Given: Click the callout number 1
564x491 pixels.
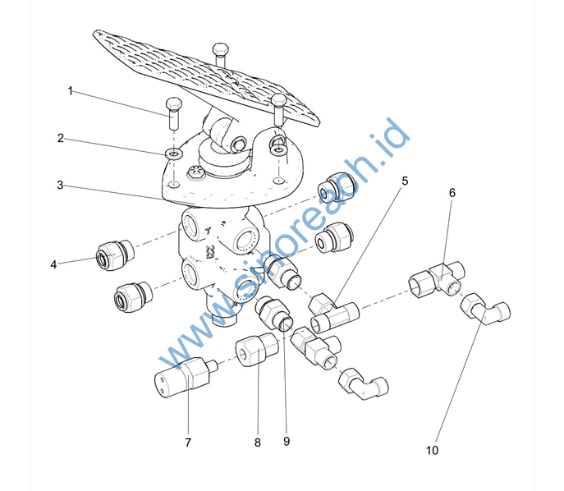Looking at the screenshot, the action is click(x=70, y=91).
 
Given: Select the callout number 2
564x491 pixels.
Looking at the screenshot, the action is click(x=61, y=138).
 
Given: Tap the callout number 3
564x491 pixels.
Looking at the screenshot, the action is click(x=60, y=185).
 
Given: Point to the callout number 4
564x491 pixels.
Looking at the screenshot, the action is click(x=53, y=264).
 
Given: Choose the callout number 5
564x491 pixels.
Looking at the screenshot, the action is click(x=405, y=181).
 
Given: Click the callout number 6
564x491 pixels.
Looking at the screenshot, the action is click(x=452, y=193).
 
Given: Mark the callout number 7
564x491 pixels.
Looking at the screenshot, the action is click(x=188, y=443).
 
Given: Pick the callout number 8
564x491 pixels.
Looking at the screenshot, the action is click(x=257, y=443).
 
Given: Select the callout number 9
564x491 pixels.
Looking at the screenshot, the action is click(x=287, y=441).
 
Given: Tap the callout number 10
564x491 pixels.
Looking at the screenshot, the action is click(x=433, y=450).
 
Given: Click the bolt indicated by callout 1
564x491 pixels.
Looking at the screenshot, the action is click(x=174, y=113).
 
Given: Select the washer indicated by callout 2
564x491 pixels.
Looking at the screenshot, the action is click(x=174, y=154).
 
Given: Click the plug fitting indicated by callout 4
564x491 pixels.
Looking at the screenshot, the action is click(x=115, y=255).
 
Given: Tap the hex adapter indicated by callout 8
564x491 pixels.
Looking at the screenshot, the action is click(x=257, y=349).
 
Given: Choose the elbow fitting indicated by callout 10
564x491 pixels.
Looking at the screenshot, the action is click(x=485, y=309).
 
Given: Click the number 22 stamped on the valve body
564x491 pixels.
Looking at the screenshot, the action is click(x=209, y=250).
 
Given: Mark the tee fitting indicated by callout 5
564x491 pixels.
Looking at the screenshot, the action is click(x=334, y=311).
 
